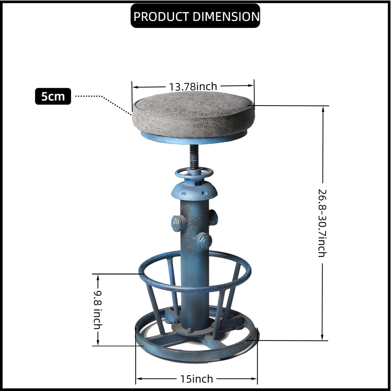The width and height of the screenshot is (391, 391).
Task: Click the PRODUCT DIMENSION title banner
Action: point(195,16)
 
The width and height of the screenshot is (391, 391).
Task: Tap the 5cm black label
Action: point(53,96)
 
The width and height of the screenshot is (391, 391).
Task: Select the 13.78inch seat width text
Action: point(193,86)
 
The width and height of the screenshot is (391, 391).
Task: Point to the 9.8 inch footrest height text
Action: point(97,310)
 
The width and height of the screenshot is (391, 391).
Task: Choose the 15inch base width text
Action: point(196,379)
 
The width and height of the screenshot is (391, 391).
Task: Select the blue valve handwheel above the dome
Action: point(194,173)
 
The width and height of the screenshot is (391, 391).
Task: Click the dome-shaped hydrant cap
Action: point(194,190)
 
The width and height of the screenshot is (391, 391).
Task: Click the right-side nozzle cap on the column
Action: point(214,216)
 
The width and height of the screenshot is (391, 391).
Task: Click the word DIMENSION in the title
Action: point(226,16)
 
